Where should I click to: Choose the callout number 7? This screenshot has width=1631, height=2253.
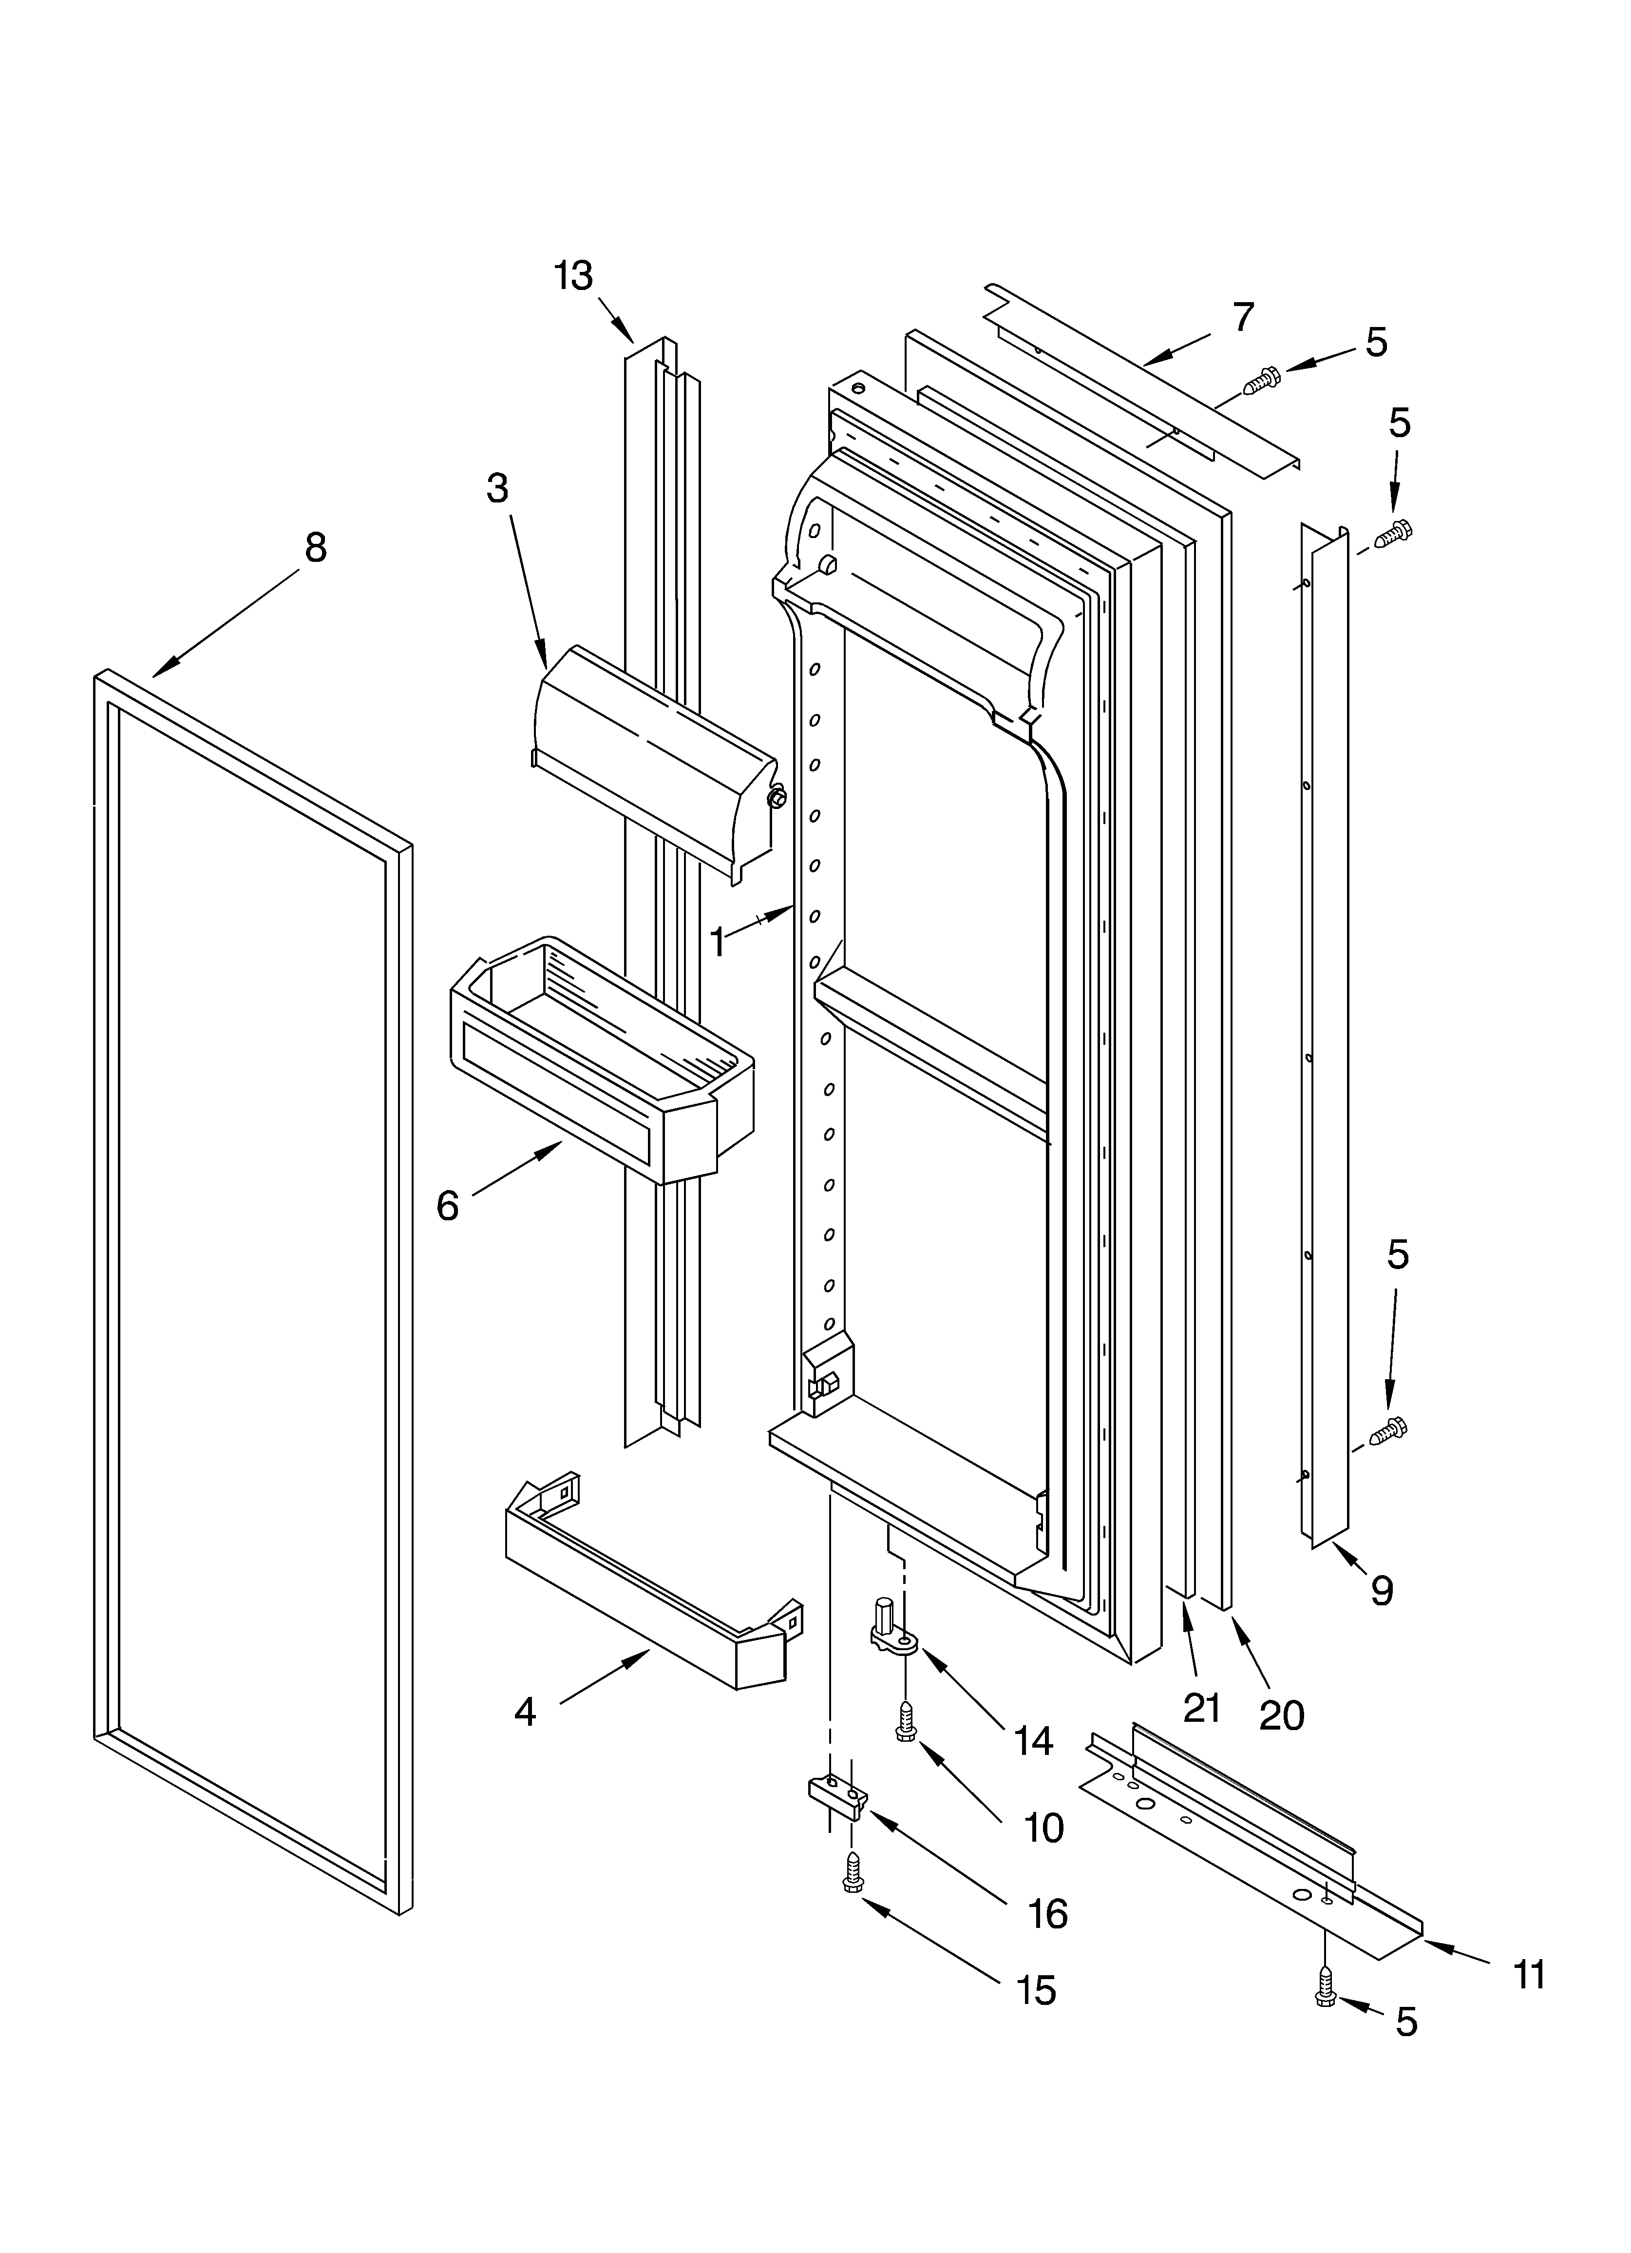(x=1243, y=317)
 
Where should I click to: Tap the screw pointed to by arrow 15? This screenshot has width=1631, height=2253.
(x=851, y=1873)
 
